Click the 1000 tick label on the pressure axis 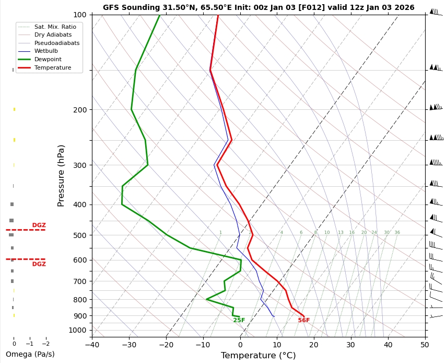coord(78,330)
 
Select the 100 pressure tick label coord(80,15)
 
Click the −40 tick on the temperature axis coord(92,344)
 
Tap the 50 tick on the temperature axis coord(425,344)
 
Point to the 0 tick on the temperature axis coord(240,344)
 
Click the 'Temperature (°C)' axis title coord(258,356)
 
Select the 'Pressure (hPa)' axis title coord(61,175)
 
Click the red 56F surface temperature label coord(304,321)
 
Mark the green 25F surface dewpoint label coord(239,321)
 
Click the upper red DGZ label coord(39,225)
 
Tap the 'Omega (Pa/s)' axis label coord(30,354)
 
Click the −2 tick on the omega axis coord(45,344)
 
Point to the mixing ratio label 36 coord(397,233)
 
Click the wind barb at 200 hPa coord(435,107)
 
